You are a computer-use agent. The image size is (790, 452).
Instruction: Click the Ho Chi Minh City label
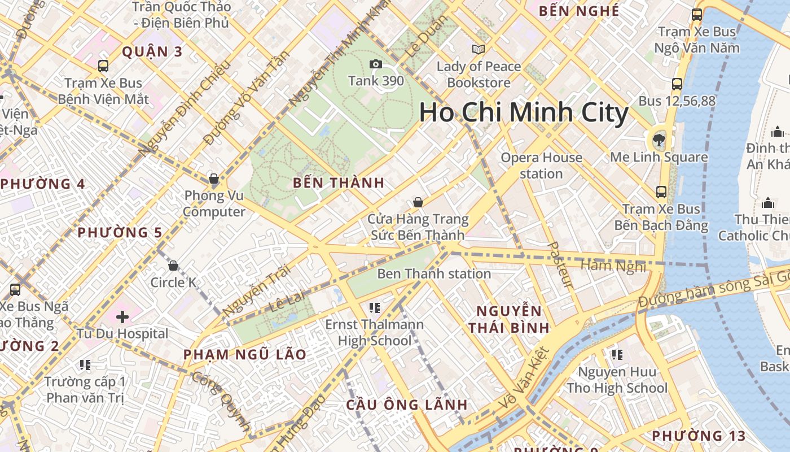[524, 112]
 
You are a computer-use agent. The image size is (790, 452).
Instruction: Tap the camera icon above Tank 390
[375, 64]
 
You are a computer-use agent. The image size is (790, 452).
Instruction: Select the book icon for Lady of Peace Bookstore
[479, 50]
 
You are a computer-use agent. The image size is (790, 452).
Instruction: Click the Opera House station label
[541, 166]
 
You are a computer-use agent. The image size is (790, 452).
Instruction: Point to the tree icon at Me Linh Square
[659, 140]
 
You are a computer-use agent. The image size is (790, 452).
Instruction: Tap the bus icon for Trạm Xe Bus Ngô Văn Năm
[697, 15]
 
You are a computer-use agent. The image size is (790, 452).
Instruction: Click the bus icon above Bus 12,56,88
[677, 84]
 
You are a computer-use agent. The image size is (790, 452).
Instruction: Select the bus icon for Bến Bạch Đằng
[661, 192]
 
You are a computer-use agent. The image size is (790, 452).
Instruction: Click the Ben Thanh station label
[434, 274]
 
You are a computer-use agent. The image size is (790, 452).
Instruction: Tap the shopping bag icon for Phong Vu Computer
[214, 179]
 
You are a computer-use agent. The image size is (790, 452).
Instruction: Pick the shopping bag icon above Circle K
[173, 266]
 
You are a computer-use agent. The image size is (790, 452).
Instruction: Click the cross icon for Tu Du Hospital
[122, 316]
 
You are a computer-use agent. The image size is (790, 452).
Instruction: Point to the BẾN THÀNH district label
[339, 182]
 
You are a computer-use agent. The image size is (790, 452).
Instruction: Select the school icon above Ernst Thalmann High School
[374, 308]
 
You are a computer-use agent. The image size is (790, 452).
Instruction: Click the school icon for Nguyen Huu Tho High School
[617, 355]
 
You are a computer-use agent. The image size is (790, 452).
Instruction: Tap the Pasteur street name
[561, 265]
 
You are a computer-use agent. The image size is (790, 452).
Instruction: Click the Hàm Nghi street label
[613, 266]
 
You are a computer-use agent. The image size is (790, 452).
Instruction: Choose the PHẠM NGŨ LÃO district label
[245, 355]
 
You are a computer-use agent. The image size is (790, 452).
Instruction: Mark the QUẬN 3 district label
[152, 52]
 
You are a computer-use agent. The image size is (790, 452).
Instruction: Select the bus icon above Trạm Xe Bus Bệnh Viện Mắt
[103, 66]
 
